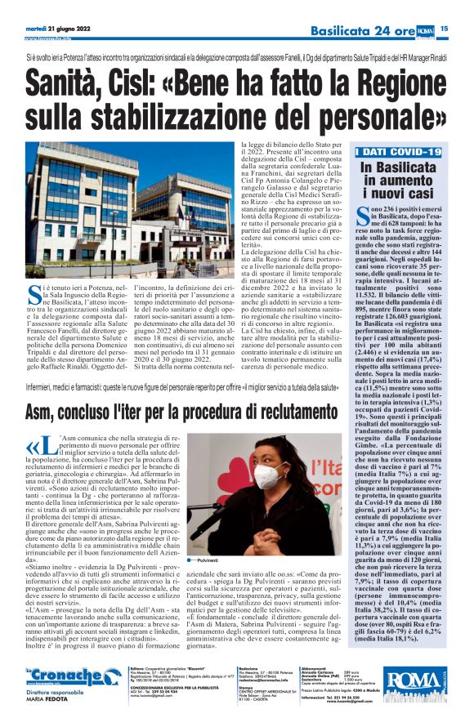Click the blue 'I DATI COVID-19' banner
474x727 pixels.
pos(398,152)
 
